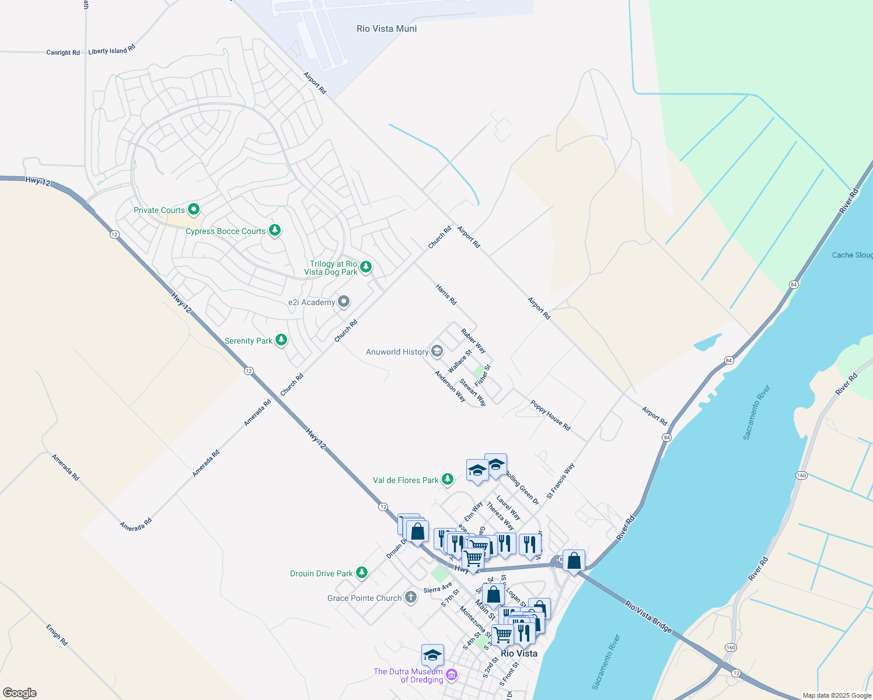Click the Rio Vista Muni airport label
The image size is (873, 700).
point(386,29)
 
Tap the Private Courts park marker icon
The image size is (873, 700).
point(194,209)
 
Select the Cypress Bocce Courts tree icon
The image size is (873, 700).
point(274,230)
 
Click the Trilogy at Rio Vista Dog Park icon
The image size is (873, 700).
point(366,267)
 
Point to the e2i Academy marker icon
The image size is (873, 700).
point(344,302)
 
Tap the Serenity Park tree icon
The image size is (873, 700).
point(281,339)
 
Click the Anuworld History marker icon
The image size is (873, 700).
point(437,351)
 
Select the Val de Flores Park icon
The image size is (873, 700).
point(448,480)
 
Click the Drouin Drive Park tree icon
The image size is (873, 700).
point(362,573)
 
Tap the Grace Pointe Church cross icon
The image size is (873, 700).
point(411,597)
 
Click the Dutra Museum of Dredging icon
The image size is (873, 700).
point(452,676)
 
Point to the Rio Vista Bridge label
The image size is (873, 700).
point(648,617)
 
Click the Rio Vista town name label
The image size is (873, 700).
point(519,653)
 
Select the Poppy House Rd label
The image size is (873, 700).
point(550,415)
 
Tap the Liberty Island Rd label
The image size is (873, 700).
point(111,50)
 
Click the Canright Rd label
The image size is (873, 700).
point(63,52)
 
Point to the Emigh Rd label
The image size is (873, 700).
point(57,635)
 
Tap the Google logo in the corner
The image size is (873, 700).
point(19,693)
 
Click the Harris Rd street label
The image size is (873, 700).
point(446,295)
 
